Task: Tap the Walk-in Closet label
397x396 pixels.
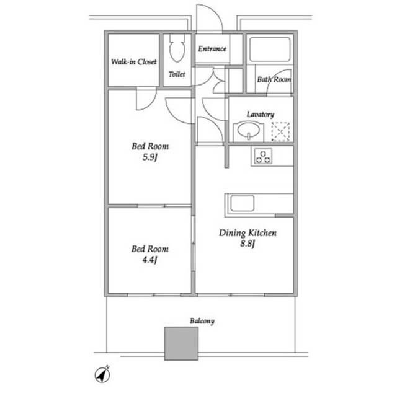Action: coord(134,62)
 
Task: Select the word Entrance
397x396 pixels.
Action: coord(212,48)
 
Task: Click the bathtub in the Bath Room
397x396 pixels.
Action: coord(270,50)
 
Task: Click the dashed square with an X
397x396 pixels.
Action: coord(280,132)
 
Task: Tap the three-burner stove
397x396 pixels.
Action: coord(263,157)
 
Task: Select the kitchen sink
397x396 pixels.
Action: coord(242,203)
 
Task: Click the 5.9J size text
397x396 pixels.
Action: coord(150,157)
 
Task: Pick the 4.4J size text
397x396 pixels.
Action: coord(150,260)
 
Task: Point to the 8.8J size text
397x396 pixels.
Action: coord(248,244)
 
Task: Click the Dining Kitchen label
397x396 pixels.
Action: coord(248,233)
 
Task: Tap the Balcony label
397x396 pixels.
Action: coord(202,321)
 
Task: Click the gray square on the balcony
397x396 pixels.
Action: coord(181,343)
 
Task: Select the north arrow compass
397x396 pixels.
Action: coord(102,374)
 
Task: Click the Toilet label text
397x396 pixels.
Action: coord(177,74)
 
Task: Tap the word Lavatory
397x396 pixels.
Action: coord(261,114)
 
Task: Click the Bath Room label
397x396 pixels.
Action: coord(274,80)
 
